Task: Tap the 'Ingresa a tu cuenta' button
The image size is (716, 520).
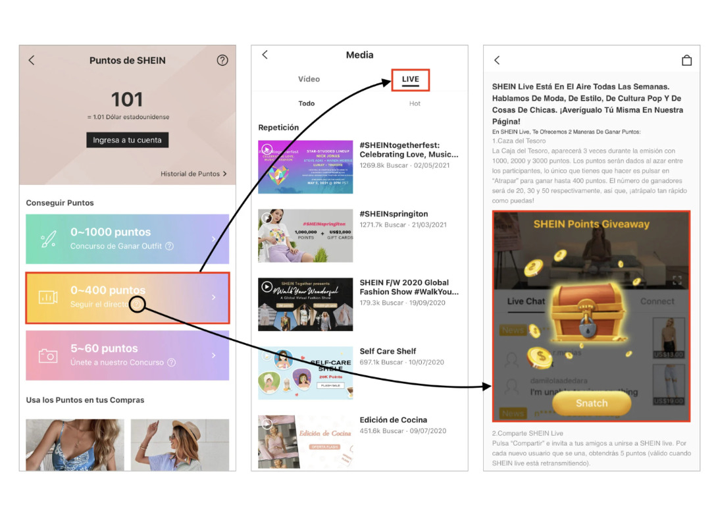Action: click(x=127, y=140)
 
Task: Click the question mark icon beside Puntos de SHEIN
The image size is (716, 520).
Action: click(x=222, y=61)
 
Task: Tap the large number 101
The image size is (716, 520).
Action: click(x=127, y=99)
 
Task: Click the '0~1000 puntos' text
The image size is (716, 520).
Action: click(x=111, y=232)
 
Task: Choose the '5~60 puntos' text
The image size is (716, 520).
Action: click(x=104, y=349)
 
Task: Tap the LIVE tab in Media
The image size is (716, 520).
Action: click(x=410, y=80)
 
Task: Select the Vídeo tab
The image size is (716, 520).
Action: click(x=309, y=80)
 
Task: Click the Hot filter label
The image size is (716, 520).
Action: click(x=415, y=103)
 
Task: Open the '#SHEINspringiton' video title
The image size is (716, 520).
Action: click(x=394, y=214)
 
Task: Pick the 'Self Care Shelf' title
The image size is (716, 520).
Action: click(x=388, y=351)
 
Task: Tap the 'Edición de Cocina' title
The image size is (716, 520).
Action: click(x=393, y=420)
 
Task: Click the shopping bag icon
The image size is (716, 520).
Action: click(x=686, y=61)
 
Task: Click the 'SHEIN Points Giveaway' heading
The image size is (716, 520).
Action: click(x=591, y=224)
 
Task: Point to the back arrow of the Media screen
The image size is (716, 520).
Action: click(x=265, y=55)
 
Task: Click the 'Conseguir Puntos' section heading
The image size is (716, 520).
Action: click(x=60, y=203)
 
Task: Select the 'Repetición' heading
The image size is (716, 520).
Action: click(x=278, y=128)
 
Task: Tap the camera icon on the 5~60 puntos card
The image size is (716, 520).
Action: click(x=48, y=355)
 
